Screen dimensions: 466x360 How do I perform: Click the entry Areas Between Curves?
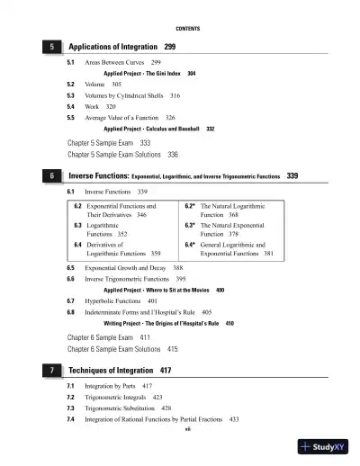coord(112,62)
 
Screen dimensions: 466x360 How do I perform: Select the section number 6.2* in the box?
coord(191,207)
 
